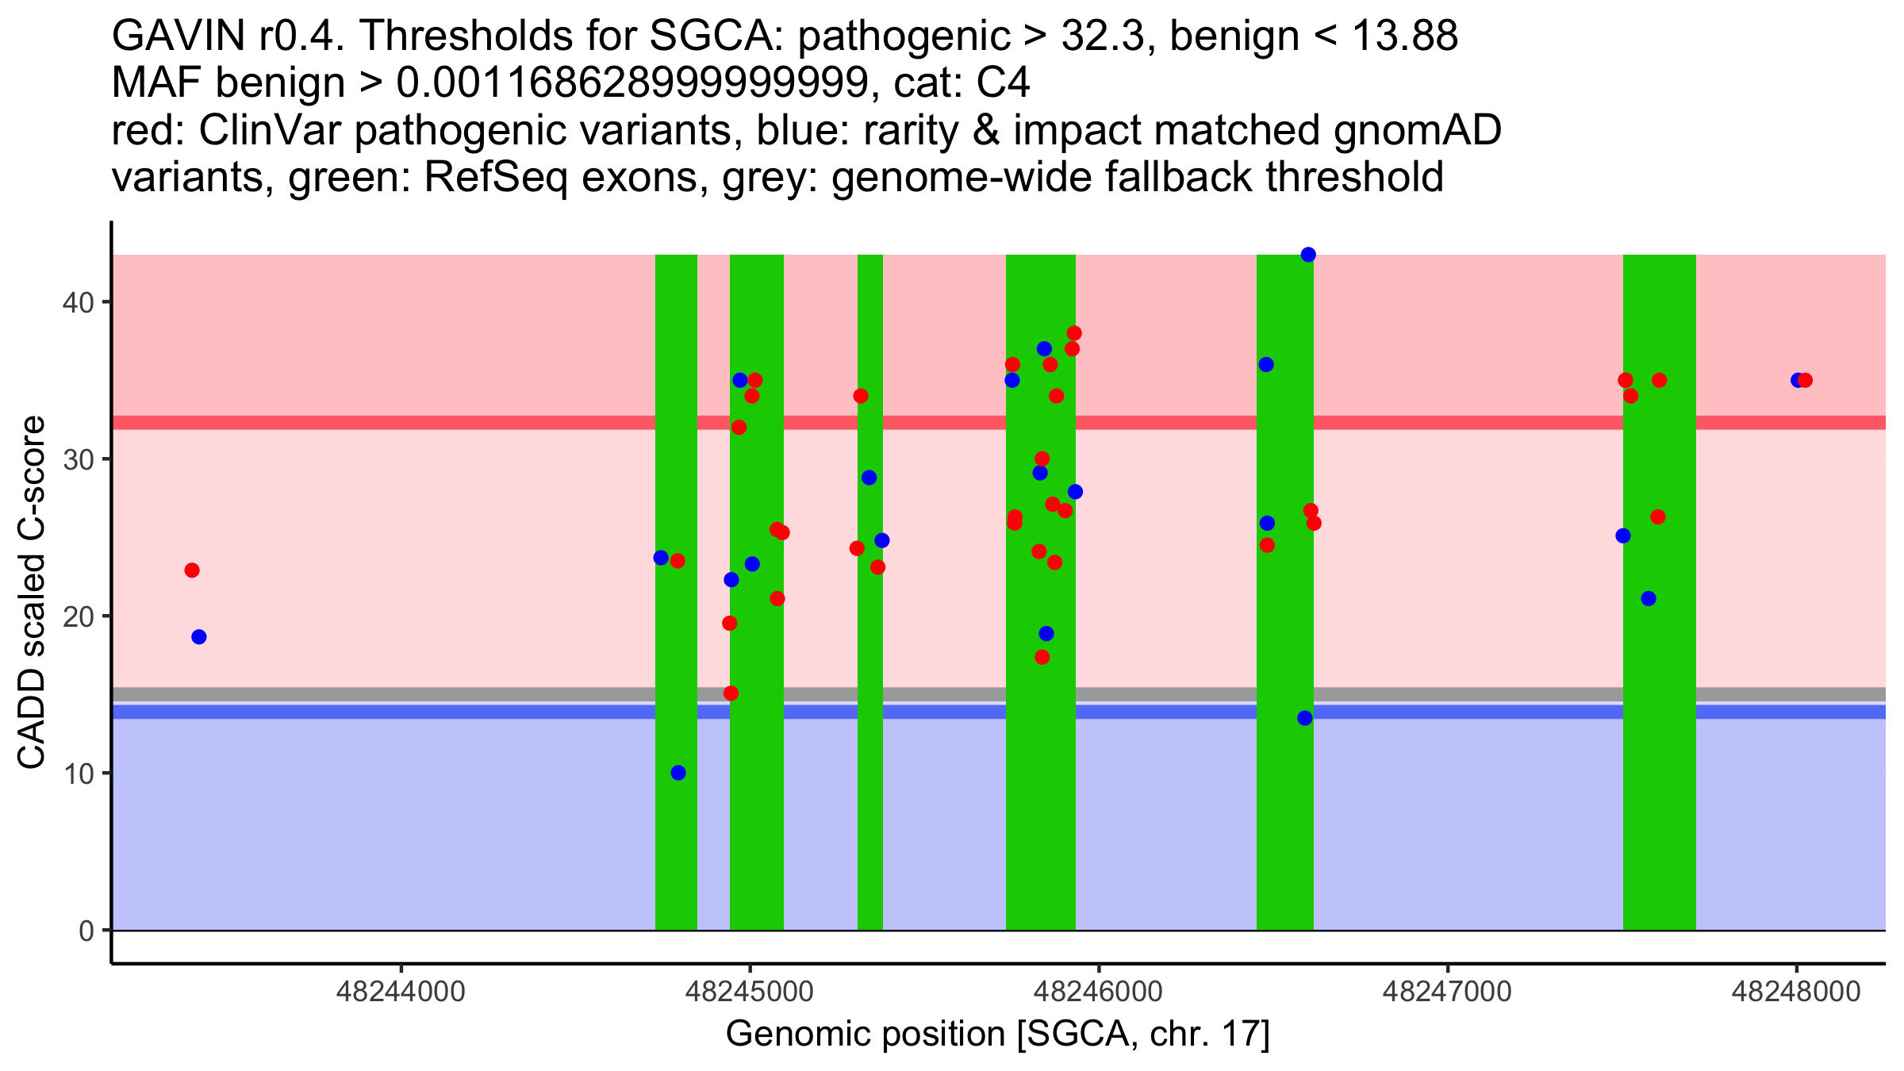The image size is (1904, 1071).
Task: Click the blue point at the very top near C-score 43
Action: (x=1308, y=255)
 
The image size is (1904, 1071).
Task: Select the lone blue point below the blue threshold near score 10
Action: (x=678, y=773)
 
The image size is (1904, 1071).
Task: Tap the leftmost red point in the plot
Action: (x=192, y=570)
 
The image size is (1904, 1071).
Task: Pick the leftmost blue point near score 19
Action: (x=199, y=637)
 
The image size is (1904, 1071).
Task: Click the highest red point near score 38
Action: (x=1074, y=333)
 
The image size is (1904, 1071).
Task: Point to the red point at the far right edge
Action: (x=1805, y=380)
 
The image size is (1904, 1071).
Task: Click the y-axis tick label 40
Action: (x=78, y=302)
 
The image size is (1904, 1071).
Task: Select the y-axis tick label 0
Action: (x=86, y=931)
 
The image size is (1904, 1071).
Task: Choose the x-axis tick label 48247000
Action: (x=1448, y=992)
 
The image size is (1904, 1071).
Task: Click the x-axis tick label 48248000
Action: (x=1796, y=992)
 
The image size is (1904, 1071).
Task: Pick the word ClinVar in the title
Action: (x=270, y=131)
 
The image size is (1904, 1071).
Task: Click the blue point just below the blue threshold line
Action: (x=1305, y=718)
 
